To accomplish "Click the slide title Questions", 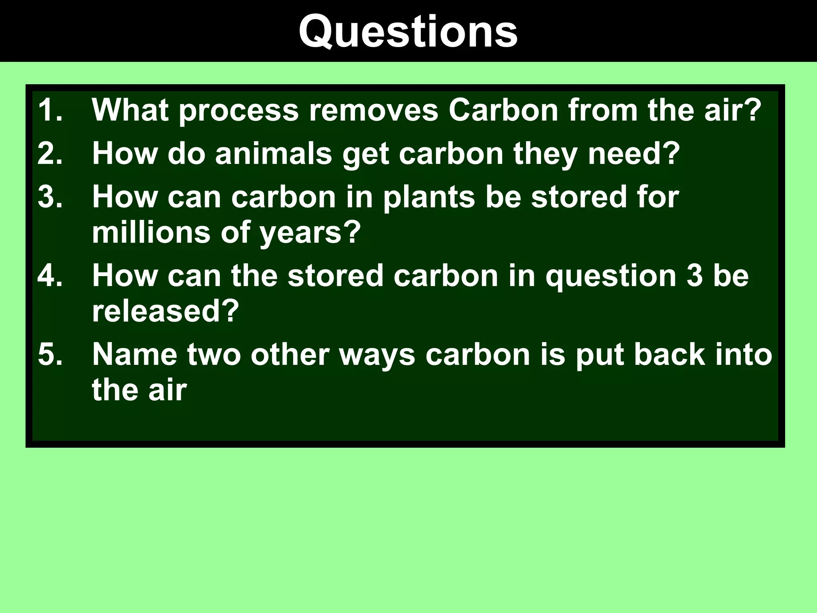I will (x=408, y=32).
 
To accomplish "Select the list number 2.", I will (x=50, y=154).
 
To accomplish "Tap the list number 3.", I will (x=50, y=197).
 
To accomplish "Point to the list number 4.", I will (x=50, y=276).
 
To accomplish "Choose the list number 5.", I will (x=50, y=354).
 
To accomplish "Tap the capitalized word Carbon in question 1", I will (x=503, y=110).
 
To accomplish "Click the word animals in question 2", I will (x=274, y=154).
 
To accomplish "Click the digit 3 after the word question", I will (x=695, y=276).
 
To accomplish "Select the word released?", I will (x=166, y=311).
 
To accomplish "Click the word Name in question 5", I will (x=134, y=354).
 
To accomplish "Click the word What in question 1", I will (x=130, y=110).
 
